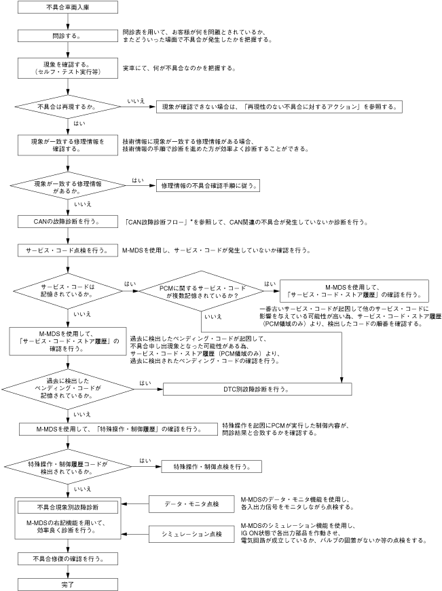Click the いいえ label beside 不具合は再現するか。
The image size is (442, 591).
[134, 100]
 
